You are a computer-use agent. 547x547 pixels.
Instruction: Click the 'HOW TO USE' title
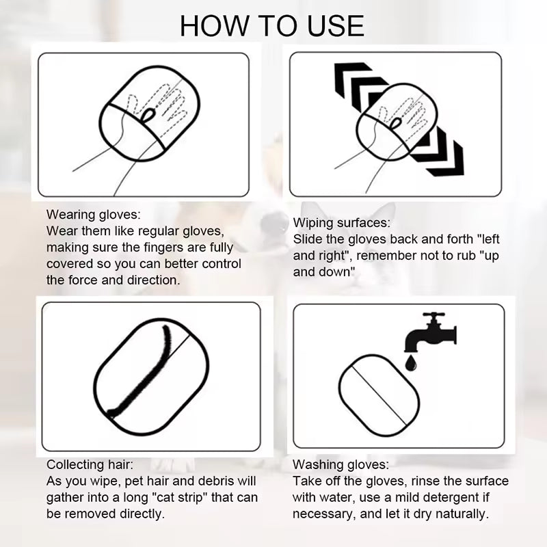(x=272, y=26)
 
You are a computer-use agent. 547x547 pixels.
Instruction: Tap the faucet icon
(x=431, y=333)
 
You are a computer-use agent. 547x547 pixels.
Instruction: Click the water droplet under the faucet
(x=411, y=363)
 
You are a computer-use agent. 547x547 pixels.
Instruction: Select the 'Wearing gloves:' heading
(x=94, y=214)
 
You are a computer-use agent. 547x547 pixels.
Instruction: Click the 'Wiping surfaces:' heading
(x=341, y=223)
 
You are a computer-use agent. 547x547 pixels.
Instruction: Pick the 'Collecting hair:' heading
(x=90, y=464)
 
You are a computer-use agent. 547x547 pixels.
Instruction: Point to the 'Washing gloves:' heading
(x=341, y=464)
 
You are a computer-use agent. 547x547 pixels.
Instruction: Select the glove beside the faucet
(x=379, y=396)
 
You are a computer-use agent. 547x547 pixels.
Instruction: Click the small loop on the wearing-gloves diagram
(x=148, y=115)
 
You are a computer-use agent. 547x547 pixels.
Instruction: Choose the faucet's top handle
(x=433, y=315)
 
